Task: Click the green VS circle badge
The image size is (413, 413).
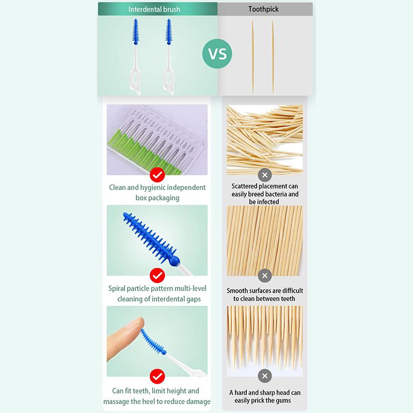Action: (x=218, y=54)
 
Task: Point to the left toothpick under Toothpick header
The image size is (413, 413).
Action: (x=253, y=57)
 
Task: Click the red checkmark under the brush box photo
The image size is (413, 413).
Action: (x=157, y=173)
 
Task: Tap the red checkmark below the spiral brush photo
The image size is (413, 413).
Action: (x=157, y=275)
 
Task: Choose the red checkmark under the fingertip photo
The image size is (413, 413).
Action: (x=157, y=375)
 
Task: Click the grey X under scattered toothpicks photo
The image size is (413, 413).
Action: (x=265, y=173)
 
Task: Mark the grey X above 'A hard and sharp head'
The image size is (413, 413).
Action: (x=265, y=375)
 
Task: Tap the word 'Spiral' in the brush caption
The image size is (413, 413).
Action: (x=119, y=288)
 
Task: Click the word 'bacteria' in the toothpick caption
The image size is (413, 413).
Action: (x=275, y=194)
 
